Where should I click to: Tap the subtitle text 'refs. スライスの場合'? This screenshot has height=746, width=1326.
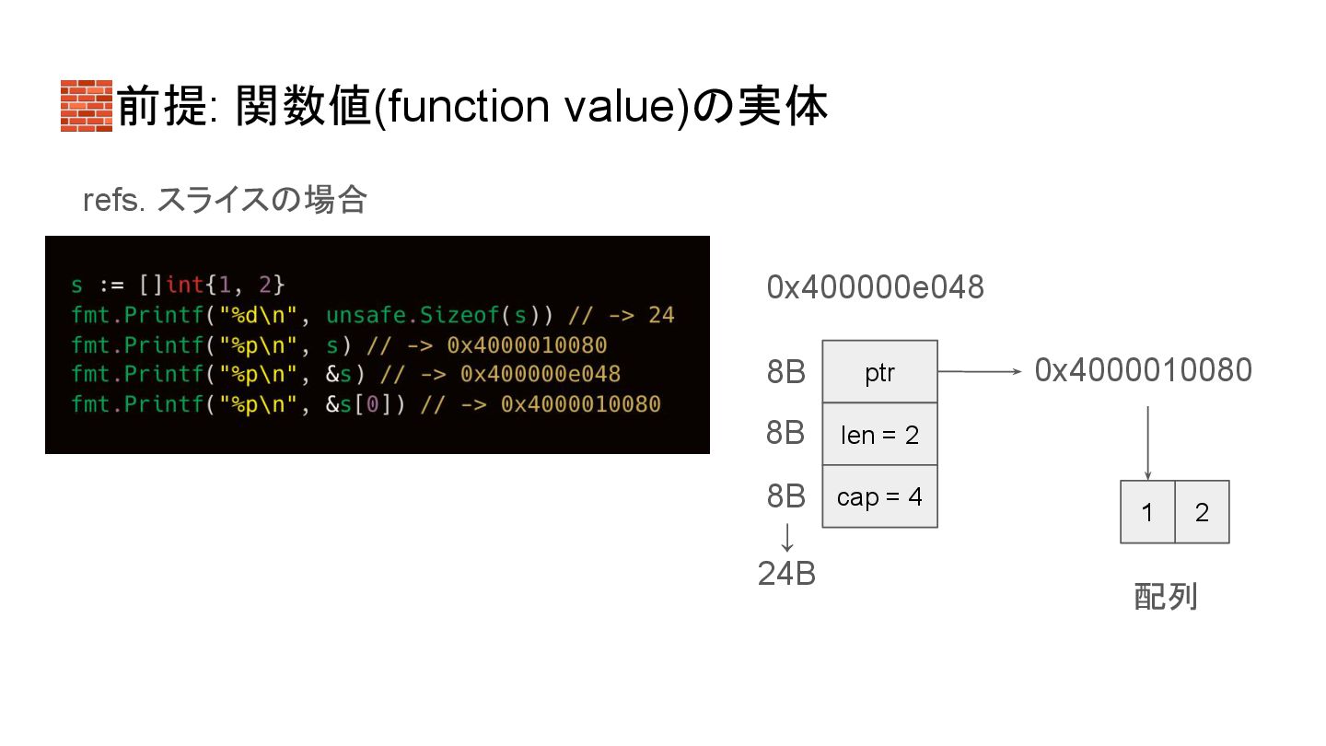pyautogui.click(x=225, y=200)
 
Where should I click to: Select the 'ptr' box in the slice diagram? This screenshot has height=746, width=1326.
pyautogui.click(x=879, y=372)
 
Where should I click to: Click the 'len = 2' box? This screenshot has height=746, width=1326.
pyautogui.click(x=879, y=434)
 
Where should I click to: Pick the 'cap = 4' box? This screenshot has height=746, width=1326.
pyautogui.click(x=879, y=496)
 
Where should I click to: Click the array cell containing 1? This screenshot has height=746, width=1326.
pyautogui.click(x=1147, y=512)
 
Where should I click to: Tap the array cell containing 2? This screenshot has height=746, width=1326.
pyautogui.click(x=1202, y=512)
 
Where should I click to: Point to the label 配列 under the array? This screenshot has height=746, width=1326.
pyautogui.click(x=1165, y=597)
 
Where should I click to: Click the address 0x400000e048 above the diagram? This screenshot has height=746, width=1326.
pyautogui.click(x=875, y=288)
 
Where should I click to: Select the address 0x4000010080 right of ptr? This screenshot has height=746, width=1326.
pyautogui.click(x=1143, y=370)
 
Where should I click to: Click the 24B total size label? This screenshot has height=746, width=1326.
pyautogui.click(x=786, y=574)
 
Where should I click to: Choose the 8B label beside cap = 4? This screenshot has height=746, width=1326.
pyautogui.click(x=785, y=496)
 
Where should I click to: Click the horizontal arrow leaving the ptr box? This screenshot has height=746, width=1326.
pyautogui.click(x=980, y=372)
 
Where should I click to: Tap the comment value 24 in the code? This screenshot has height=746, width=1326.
pyautogui.click(x=661, y=316)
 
